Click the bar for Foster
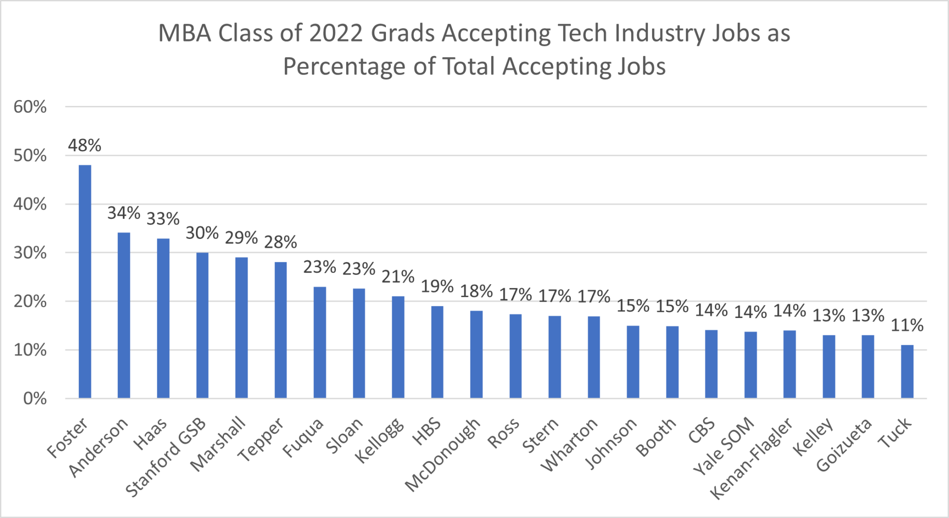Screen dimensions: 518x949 tap(85, 281)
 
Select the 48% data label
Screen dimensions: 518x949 tap(84, 145)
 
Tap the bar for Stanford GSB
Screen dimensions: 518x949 tap(202, 325)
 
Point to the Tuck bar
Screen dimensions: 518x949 tap(907, 371)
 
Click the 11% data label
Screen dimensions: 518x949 tap(907, 325)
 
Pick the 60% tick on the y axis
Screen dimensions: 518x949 tap(30, 107)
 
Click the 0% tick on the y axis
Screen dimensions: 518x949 tap(35, 399)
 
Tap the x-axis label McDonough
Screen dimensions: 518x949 tap(443, 455)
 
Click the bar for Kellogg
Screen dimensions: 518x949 tap(398, 347)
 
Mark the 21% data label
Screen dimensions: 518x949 tap(398, 276)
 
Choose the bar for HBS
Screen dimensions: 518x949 tap(437, 352)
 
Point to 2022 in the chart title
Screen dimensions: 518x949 tap(336, 33)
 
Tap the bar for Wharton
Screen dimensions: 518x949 tap(594, 357)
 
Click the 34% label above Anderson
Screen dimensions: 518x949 tap(124, 213)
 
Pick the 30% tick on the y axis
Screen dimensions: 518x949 tap(30, 253)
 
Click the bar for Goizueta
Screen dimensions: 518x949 tap(867, 366)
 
